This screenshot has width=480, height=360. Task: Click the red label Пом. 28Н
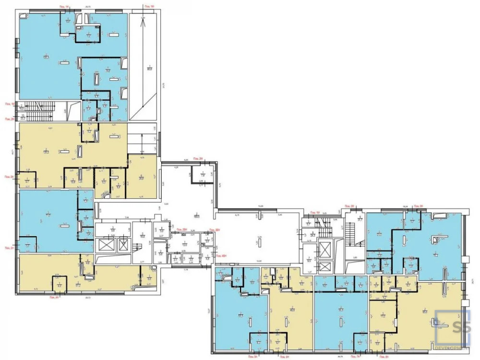point(182,230)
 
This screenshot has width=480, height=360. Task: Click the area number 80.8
point(149,68)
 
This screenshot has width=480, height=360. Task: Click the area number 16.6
point(143,235)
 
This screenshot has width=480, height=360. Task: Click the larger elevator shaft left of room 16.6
point(105,245)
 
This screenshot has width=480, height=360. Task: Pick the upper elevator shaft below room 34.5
point(325,249)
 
